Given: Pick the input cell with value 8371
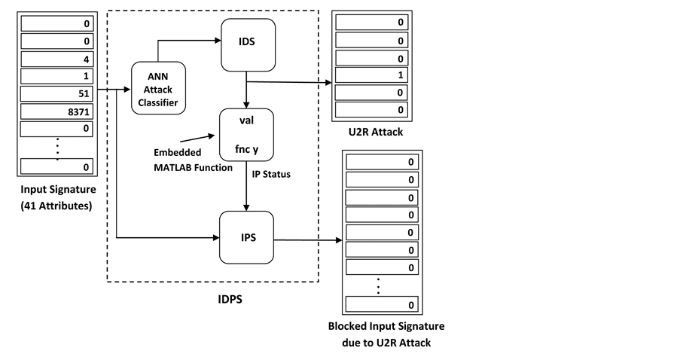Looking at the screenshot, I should coord(54,111).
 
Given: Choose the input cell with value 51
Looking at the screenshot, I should coord(54,93).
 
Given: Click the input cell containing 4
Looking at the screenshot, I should coord(54,58).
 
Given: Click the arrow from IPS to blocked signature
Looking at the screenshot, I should coord(308,241).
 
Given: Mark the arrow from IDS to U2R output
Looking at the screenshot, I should coord(290,83).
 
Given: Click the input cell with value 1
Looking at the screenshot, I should coord(54,76).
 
